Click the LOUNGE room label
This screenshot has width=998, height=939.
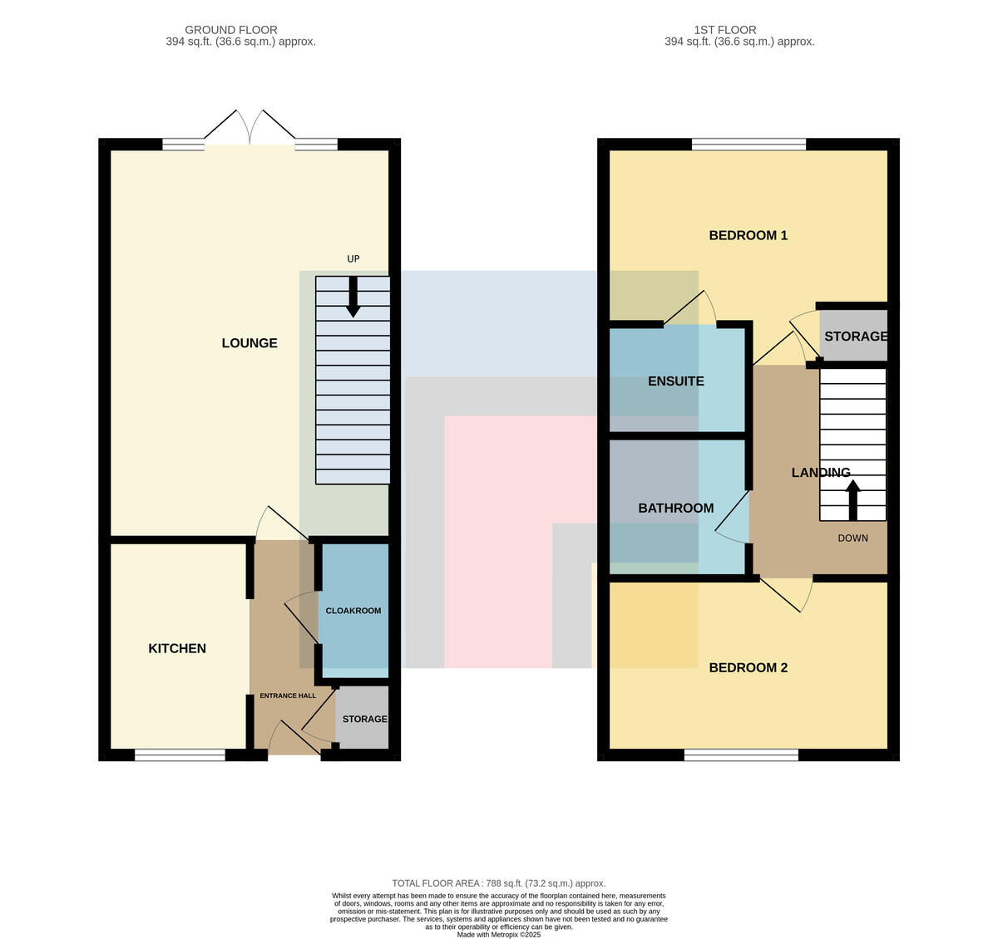pyautogui.click(x=249, y=343)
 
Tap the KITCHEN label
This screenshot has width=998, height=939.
pyautogui.click(x=177, y=648)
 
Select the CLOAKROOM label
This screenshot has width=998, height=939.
pyautogui.click(x=353, y=611)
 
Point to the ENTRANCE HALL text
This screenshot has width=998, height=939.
pyautogui.click(x=288, y=696)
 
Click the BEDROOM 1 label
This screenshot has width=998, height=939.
pyautogui.click(x=748, y=235)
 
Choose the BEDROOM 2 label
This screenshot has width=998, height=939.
pyautogui.click(x=748, y=667)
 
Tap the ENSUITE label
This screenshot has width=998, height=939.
pyautogui.click(x=675, y=381)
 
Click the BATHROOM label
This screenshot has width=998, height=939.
pyautogui.click(x=675, y=509)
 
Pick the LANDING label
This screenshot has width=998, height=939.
pyautogui.click(x=821, y=473)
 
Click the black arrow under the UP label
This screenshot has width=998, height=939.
pyautogui.click(x=353, y=297)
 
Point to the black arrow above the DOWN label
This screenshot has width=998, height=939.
pyautogui.click(x=852, y=500)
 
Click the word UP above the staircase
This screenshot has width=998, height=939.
pyautogui.click(x=353, y=258)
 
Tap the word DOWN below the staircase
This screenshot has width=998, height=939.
pyautogui.click(x=852, y=538)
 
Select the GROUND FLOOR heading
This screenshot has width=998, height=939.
pyautogui.click(x=231, y=30)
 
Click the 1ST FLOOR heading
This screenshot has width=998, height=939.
pyautogui.click(x=725, y=30)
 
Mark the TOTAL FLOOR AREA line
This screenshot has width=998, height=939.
pyautogui.click(x=499, y=883)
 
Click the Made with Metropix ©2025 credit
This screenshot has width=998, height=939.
pyautogui.click(x=499, y=935)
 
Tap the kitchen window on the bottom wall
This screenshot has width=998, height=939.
pyautogui.click(x=180, y=755)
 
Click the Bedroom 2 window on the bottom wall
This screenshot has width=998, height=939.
pyautogui.click(x=741, y=755)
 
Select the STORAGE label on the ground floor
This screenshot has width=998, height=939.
pyautogui.click(x=365, y=719)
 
